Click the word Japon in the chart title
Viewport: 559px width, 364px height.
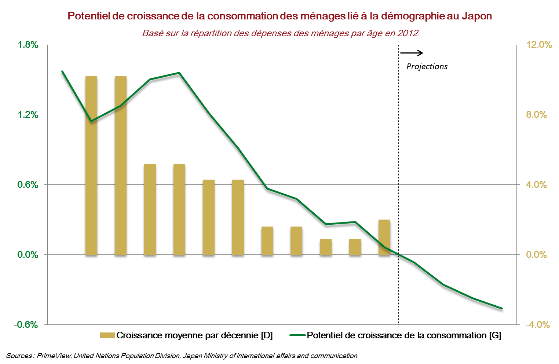click(x=476, y=16)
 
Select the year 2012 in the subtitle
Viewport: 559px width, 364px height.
click(x=409, y=33)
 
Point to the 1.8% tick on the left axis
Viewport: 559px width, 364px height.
click(x=28, y=45)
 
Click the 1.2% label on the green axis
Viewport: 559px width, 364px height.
click(x=28, y=115)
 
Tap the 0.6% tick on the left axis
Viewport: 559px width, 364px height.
click(x=28, y=185)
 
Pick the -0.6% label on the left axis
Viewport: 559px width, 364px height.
click(x=26, y=325)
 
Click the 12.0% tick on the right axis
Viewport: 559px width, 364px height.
click(x=539, y=45)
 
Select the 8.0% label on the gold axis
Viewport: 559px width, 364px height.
click(x=536, y=115)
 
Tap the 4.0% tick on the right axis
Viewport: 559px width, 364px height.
click(x=536, y=185)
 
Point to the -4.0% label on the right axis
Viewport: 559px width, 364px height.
click(x=537, y=325)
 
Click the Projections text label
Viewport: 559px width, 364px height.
click(x=427, y=67)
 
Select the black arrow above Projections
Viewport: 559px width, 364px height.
click(x=412, y=53)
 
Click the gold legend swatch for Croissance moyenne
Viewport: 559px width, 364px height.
click(x=107, y=335)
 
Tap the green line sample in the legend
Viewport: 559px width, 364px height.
click(x=297, y=335)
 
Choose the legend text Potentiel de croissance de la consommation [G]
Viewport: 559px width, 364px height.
click(x=404, y=335)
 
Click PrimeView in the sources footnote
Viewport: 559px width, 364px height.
click(x=54, y=356)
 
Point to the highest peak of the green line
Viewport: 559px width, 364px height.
click(x=179, y=73)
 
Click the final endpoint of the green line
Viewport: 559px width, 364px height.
click(x=502, y=308)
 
